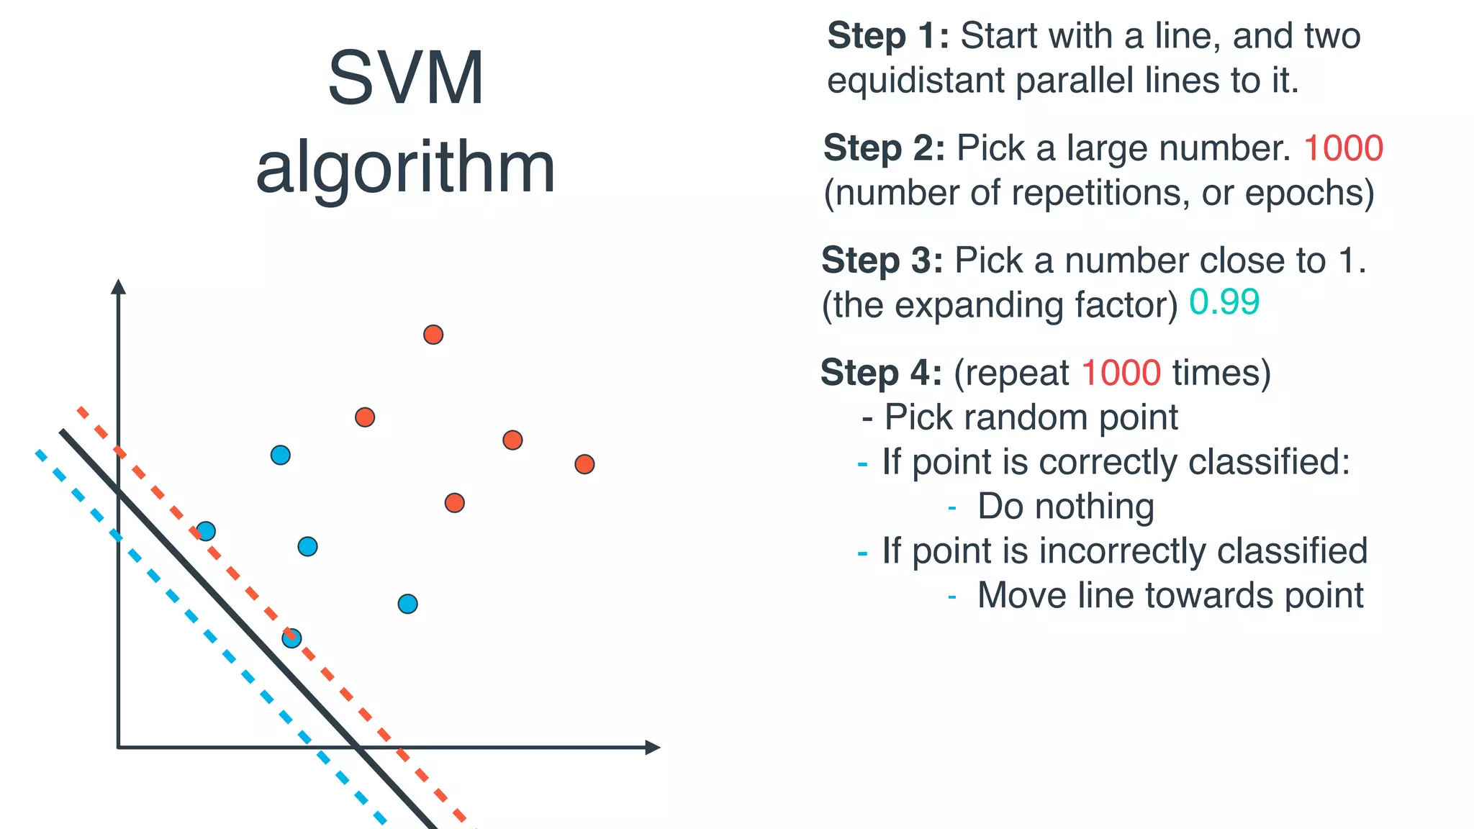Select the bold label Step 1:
[x=888, y=36]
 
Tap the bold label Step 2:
[x=884, y=148]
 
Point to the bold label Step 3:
[x=882, y=261]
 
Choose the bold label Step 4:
[x=881, y=373]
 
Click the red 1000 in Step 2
[x=1343, y=148]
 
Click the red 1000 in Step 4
[x=1121, y=373]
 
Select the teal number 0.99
[x=1224, y=302]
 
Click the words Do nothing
[x=1065, y=507]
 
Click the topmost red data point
[x=433, y=335]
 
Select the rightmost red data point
[x=584, y=464]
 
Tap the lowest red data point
[x=454, y=502]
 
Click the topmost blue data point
[x=281, y=455]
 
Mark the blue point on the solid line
[x=291, y=638]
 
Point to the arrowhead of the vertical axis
[x=119, y=286]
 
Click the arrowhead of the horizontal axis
[x=653, y=748]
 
